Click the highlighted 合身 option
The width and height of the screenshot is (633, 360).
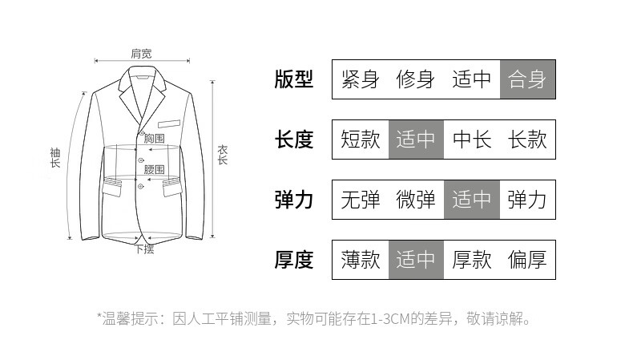coord(527,79)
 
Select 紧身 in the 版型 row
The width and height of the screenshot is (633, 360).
coord(360,79)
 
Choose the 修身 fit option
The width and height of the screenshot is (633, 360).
coord(416,79)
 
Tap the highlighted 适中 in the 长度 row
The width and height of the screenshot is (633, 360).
coord(416,140)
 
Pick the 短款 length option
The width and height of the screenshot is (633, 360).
coord(360,140)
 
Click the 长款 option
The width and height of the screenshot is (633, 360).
coord(527,140)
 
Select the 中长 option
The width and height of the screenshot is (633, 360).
coord(472,140)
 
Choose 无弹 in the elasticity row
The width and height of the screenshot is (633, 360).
coord(360,200)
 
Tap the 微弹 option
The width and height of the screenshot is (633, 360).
coord(416,200)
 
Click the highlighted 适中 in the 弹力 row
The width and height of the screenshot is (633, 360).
coord(472,200)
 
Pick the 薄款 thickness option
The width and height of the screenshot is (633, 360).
coord(360,260)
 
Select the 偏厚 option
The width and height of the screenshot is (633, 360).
coord(527,260)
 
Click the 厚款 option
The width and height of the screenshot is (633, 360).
coord(472,260)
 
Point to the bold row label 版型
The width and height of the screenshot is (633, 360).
coord(293,79)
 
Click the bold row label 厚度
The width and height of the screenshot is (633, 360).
coord(293,260)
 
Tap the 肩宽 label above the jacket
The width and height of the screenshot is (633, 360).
coord(141,54)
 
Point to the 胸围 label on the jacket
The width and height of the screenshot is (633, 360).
coord(154,139)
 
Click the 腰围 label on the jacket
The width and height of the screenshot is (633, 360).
coord(154,169)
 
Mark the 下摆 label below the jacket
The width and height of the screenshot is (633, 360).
coord(144,249)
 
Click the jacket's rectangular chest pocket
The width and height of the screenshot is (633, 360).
coord(169,124)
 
